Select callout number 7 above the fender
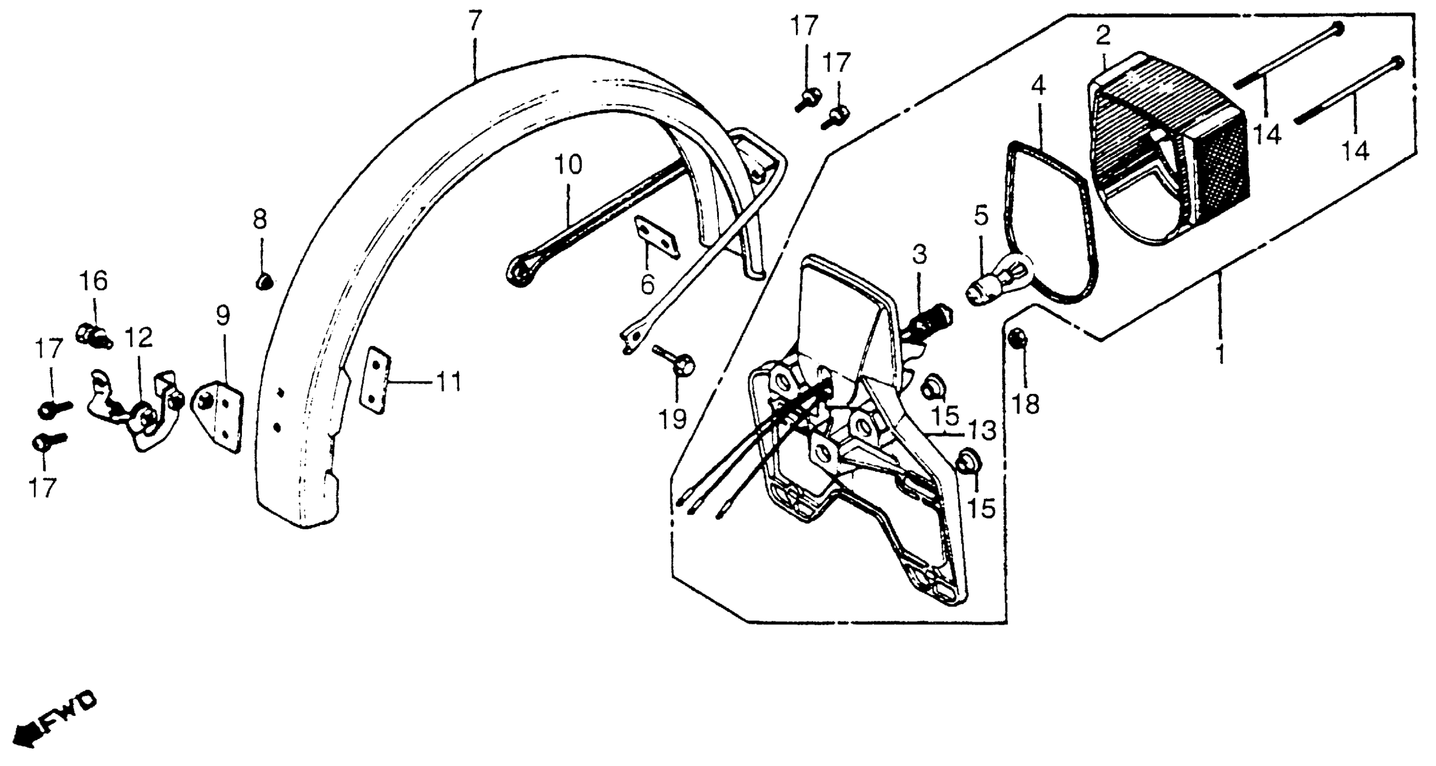[474, 21]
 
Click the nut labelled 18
[1016, 338]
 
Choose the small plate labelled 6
[657, 237]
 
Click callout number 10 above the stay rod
[568, 165]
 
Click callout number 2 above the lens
[1102, 36]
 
